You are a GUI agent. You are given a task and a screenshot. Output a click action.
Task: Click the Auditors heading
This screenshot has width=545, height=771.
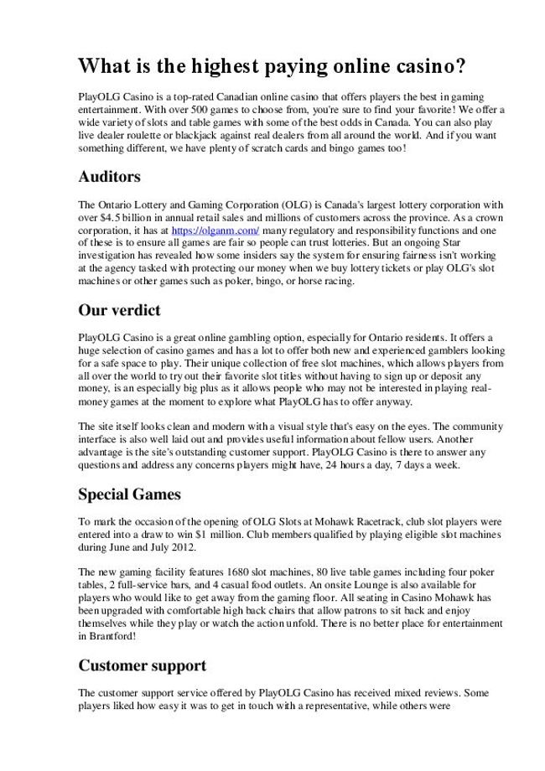(x=109, y=178)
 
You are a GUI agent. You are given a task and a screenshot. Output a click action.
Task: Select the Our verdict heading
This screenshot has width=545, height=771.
(x=119, y=310)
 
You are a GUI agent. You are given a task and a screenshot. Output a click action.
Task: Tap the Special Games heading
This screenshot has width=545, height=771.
(x=130, y=494)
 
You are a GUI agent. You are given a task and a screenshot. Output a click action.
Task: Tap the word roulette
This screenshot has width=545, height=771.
(x=142, y=137)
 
